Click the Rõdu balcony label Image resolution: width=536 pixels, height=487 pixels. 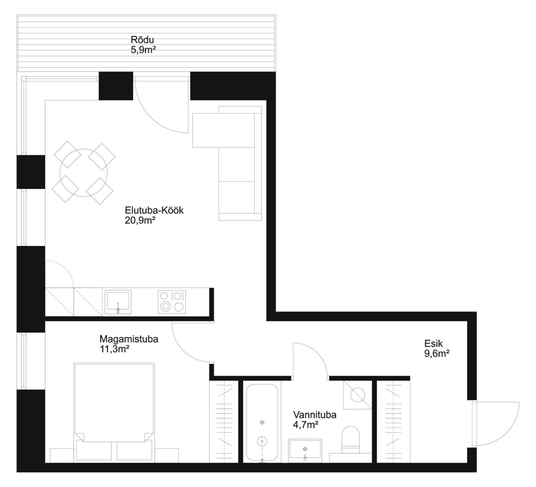[142, 40]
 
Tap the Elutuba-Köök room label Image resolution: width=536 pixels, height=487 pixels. [154, 210]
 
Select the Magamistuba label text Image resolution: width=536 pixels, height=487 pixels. [129, 339]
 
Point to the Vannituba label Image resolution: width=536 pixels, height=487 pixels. [315, 415]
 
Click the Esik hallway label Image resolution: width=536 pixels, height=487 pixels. [433, 343]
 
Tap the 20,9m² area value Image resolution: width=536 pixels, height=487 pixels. [140, 221]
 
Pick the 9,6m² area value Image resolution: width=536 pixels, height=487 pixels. [437, 353]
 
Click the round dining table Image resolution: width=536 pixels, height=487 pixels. [84, 173]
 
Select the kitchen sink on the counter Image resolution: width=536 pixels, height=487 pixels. [118, 302]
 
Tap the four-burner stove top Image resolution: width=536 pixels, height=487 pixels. [172, 302]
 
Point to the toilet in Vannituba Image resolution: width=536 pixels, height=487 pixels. [350, 440]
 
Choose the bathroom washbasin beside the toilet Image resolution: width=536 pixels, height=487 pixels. [305, 451]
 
